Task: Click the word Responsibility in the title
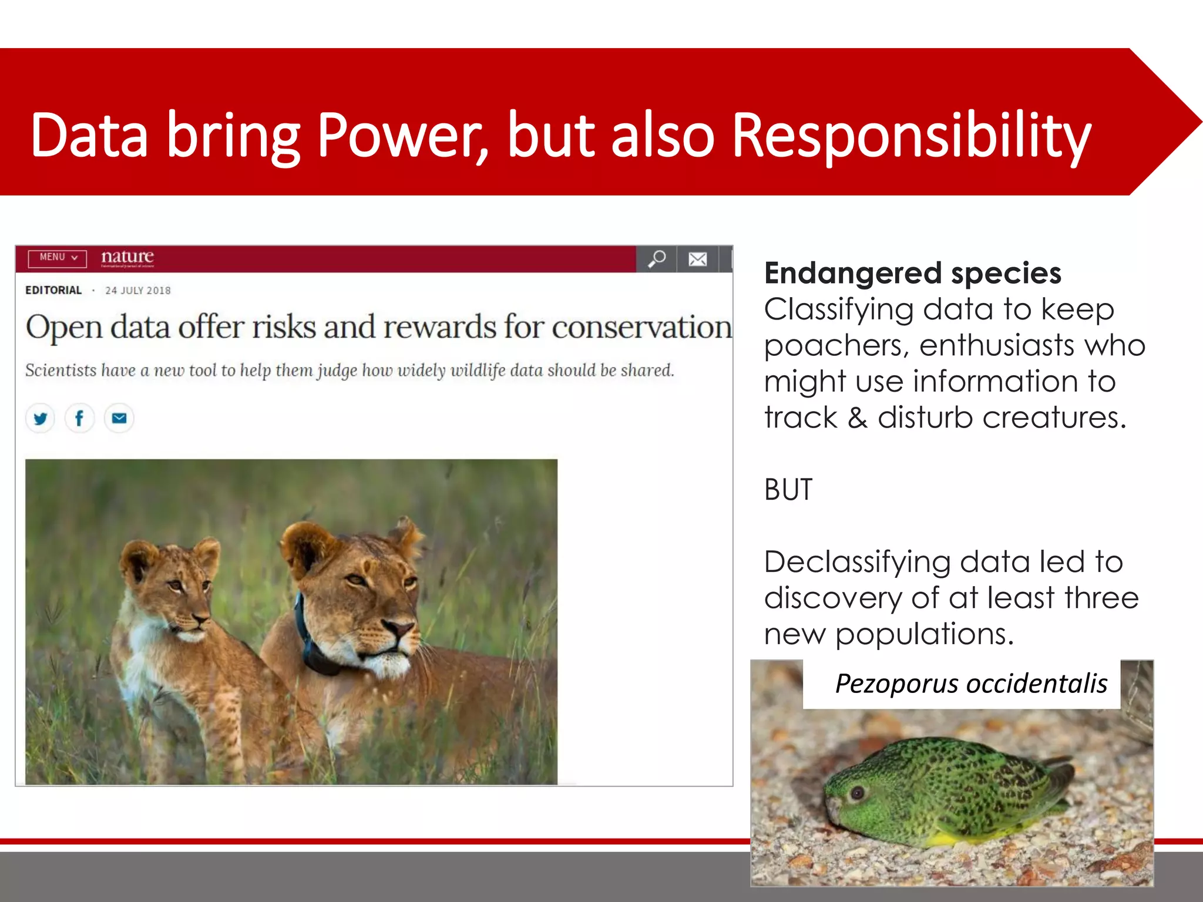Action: point(912,136)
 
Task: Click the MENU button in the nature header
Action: point(58,258)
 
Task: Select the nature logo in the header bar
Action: point(127,257)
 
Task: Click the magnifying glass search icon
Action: point(657,258)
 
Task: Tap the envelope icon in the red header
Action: point(698,259)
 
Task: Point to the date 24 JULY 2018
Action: point(138,291)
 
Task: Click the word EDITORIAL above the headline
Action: point(53,290)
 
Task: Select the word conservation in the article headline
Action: point(641,327)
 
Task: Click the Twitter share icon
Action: point(41,419)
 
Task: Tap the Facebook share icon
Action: point(79,419)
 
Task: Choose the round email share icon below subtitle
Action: point(119,419)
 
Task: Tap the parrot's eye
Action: point(858,793)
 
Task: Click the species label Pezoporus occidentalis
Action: point(971,684)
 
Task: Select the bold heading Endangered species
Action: point(912,273)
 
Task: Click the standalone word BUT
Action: point(788,490)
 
